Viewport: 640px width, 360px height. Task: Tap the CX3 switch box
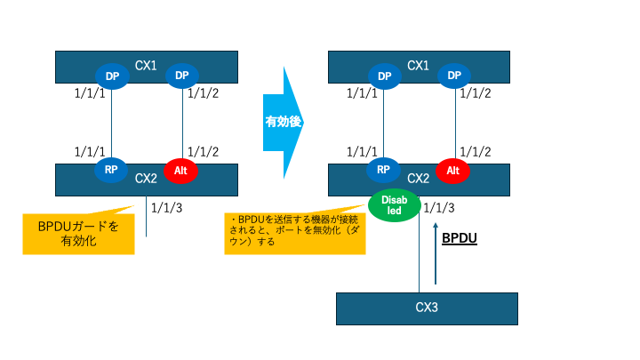(427, 308)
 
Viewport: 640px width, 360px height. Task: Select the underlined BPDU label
(460, 239)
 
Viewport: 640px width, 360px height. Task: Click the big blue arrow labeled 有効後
(284, 122)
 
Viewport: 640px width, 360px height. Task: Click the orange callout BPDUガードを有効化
(77, 233)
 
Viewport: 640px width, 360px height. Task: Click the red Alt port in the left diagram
(181, 169)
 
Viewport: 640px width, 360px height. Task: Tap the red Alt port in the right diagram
(453, 169)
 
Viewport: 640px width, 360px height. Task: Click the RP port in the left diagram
(112, 169)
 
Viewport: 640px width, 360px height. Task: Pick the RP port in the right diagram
(384, 169)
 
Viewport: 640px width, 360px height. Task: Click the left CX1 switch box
(146, 64)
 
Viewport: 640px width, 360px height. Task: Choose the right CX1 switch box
(418, 64)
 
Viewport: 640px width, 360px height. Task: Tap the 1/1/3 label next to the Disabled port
(439, 209)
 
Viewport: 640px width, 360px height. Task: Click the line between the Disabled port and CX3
(419, 258)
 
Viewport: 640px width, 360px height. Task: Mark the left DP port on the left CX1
(112, 76)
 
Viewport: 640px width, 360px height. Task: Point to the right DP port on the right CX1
(453, 76)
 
